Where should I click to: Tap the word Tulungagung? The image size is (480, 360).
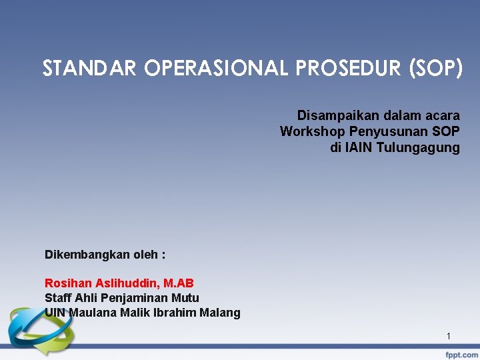[x=418, y=147]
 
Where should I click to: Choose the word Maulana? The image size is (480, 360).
[x=92, y=313]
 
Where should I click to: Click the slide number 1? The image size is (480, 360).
[x=449, y=336]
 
